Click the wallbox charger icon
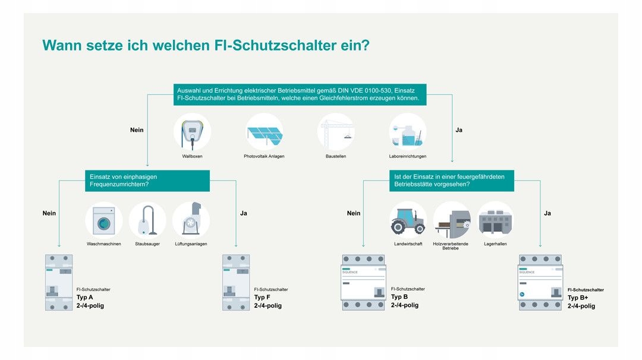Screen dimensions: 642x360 pos(192,132)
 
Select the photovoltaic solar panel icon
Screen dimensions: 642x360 pos(264,132)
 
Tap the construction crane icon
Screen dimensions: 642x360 pos(336,132)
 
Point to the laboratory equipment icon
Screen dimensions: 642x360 pos(407,132)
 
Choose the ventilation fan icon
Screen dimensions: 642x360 pos(191,220)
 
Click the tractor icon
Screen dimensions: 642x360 pos(408,220)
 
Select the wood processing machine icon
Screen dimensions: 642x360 pos(452,220)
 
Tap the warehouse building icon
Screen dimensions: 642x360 pos(495,220)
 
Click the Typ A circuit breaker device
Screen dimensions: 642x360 pos(59,283)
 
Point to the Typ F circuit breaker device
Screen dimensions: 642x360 pos(236,283)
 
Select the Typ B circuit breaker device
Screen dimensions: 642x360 pos(363,283)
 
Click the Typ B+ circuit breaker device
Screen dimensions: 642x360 pos(540,283)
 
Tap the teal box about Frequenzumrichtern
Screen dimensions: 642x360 pos(147,181)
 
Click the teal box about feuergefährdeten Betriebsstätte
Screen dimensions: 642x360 pos(451,181)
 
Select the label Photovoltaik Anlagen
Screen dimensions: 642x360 pos(264,156)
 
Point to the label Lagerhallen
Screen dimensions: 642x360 pos(495,244)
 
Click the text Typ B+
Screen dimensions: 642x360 pos(578,298)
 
